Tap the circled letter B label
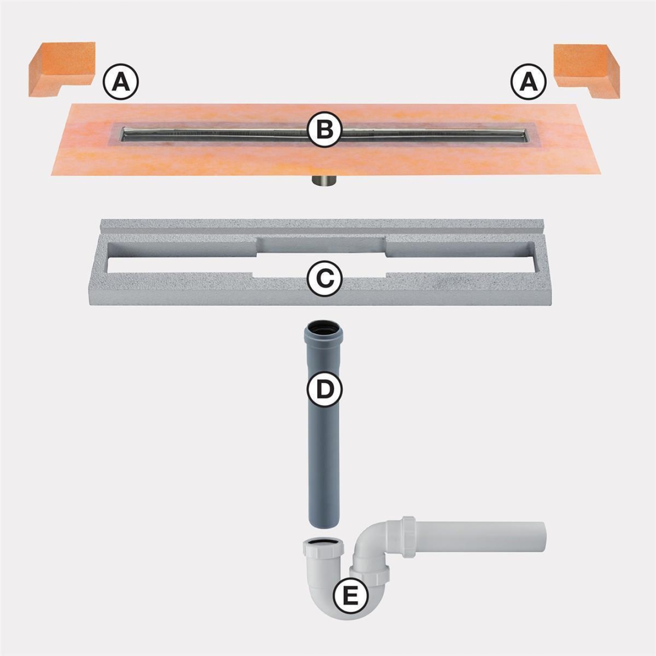point(324,130)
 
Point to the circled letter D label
point(324,389)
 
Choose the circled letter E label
point(350,595)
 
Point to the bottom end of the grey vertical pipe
point(324,524)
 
